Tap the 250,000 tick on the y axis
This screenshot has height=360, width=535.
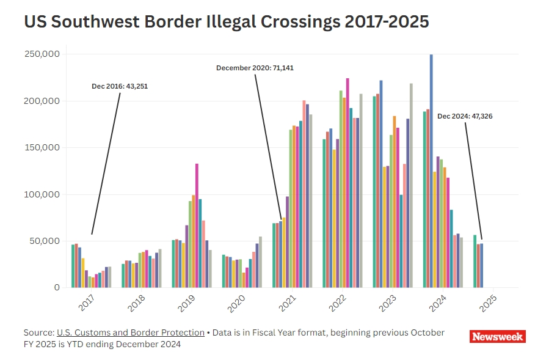click(x=42, y=54)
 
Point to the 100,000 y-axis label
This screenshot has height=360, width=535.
click(x=42, y=194)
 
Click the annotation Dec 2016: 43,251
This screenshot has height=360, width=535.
click(x=120, y=86)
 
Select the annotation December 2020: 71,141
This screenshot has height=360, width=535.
click(x=255, y=68)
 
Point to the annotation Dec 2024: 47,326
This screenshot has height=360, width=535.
click(x=465, y=116)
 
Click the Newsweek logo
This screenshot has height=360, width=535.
click(x=498, y=337)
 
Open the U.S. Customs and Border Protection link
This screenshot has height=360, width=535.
click(x=131, y=332)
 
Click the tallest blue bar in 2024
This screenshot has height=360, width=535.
click(x=431, y=171)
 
